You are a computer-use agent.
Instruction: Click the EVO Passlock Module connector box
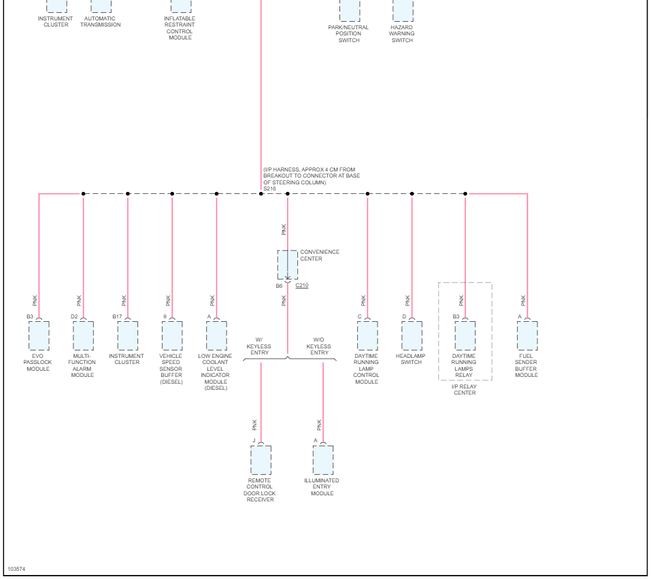click(39, 335)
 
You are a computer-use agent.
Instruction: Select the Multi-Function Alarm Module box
click(83, 335)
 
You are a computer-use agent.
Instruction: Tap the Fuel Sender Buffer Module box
click(527, 335)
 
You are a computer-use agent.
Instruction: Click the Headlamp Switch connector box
click(412, 335)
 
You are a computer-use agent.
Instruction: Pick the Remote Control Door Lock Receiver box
click(261, 460)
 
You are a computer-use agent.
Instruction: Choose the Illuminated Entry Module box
click(323, 460)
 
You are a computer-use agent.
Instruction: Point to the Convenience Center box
click(287, 265)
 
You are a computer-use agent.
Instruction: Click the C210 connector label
click(301, 286)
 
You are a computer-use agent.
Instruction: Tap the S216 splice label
click(269, 188)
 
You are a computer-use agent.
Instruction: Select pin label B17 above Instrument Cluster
click(117, 316)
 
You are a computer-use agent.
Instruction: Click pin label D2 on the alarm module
click(74, 316)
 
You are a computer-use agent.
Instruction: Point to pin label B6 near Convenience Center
click(279, 286)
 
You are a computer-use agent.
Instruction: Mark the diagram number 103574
click(16, 567)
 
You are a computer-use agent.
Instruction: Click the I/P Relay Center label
click(465, 390)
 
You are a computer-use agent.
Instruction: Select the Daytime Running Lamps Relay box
click(465, 335)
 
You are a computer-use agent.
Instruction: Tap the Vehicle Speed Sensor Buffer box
click(172, 335)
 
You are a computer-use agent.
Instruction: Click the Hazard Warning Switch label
click(402, 34)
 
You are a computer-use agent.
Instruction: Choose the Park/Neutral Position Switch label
click(349, 34)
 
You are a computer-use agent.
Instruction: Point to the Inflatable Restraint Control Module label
click(180, 28)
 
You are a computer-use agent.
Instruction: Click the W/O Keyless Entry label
click(320, 346)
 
